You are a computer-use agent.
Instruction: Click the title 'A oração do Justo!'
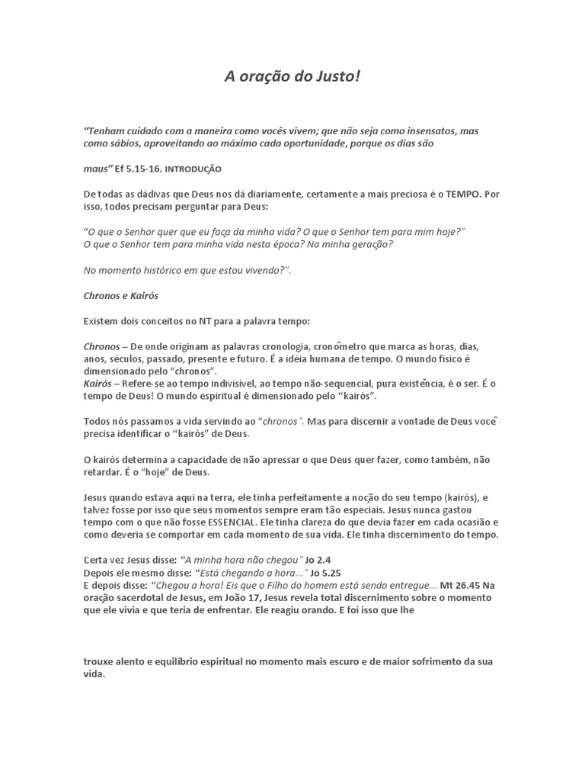[292, 76]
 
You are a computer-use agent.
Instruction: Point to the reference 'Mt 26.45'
[458, 585]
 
